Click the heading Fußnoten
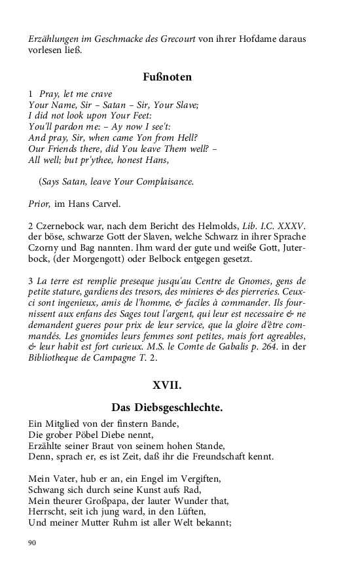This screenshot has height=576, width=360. pyautogui.click(x=167, y=77)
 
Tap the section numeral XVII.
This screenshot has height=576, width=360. pyautogui.click(x=167, y=385)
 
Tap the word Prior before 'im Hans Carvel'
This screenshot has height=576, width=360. pyautogui.click(x=39, y=204)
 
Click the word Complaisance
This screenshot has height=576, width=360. pyautogui.click(x=160, y=181)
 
